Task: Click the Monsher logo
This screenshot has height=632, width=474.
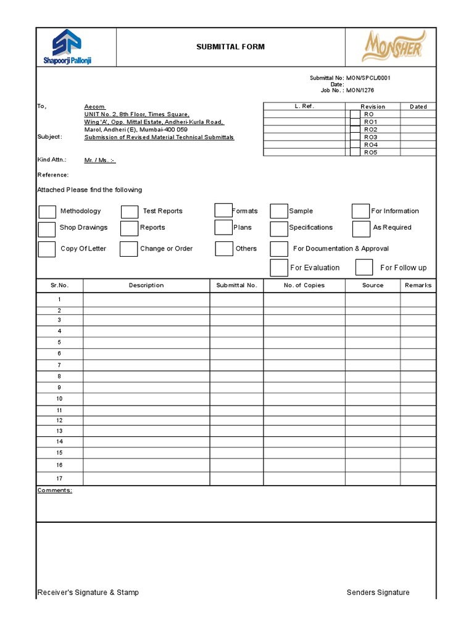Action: (392, 46)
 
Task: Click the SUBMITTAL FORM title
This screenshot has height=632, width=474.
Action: (230, 47)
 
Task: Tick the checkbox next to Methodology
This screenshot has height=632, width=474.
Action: (48, 212)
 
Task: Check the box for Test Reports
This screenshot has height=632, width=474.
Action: (130, 212)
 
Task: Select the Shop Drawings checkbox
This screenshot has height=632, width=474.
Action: (47, 229)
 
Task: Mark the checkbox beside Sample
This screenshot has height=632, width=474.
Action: (279, 211)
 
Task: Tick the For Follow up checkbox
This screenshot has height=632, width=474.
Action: (364, 267)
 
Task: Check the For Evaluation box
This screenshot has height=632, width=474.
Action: (279, 267)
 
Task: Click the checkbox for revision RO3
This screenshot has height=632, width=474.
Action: (355, 137)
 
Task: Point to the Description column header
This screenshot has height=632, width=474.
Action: (146, 285)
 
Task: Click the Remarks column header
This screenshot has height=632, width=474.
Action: (418, 285)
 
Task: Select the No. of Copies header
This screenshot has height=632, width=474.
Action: (304, 285)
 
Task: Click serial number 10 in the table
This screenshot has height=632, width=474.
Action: (59, 399)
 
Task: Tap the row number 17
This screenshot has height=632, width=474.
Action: (59, 478)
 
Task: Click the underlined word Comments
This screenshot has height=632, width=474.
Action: (55, 490)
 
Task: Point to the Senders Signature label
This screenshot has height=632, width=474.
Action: (378, 592)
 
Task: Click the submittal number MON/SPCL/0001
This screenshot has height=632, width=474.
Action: (368, 78)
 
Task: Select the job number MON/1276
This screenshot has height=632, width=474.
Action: (360, 90)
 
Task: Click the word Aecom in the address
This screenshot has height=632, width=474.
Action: (94, 107)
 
